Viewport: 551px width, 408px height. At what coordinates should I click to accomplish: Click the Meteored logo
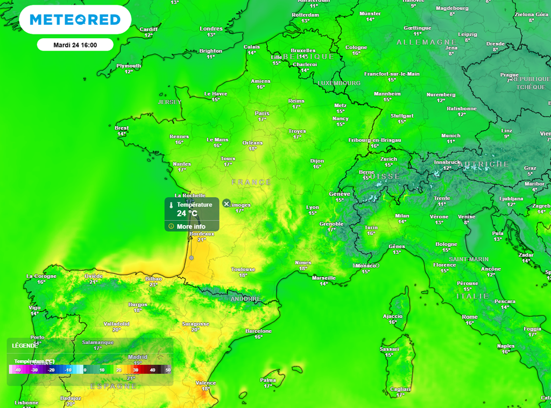pos(75,20)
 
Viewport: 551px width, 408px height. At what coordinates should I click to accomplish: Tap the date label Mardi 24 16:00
pos(75,45)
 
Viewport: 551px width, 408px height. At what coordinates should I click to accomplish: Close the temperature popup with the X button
pos(227,203)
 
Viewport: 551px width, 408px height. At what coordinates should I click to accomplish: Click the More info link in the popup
pos(191,226)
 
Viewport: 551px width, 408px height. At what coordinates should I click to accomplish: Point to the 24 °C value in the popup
pos(187,213)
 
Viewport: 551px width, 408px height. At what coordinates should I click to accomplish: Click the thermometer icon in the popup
pos(170,206)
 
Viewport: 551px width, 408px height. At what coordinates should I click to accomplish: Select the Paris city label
pos(262,113)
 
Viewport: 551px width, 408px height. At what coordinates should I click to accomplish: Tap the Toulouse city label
pos(243,269)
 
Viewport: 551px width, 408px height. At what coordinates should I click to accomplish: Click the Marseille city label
pos(323,278)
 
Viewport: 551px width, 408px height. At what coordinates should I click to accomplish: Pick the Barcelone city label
pos(258,331)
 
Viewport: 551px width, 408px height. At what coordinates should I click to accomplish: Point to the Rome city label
pos(470,317)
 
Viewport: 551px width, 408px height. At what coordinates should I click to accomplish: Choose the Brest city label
pos(122,128)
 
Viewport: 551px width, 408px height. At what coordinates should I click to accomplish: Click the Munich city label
pos(450,136)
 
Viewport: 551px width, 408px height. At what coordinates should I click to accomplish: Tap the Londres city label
pos(211,29)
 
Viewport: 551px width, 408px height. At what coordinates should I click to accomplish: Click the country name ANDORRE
pos(245,299)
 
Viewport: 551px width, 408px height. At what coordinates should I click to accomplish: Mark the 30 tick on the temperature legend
pos(136,370)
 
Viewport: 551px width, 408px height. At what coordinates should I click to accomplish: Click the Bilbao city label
pos(153,279)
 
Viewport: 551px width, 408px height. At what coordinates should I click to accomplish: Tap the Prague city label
pos(509,75)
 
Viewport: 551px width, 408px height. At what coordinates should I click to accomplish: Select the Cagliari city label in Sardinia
pos(400,389)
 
